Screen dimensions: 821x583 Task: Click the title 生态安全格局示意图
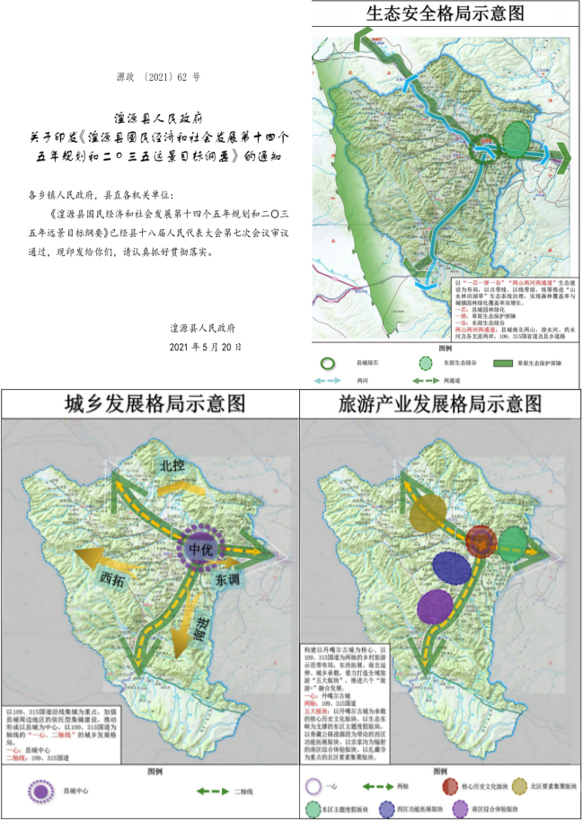446,14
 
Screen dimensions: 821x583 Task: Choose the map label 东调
227,581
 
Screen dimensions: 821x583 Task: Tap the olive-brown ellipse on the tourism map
428,513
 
